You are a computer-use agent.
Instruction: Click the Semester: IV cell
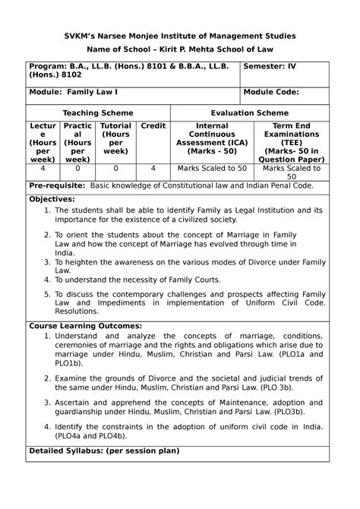coord(270,66)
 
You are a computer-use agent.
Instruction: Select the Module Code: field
coord(271,93)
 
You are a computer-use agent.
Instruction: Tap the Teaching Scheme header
coord(98,112)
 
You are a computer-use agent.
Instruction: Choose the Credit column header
coord(153,126)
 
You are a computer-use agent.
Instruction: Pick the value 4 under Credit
coord(153,169)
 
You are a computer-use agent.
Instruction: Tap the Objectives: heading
coord(55,198)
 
